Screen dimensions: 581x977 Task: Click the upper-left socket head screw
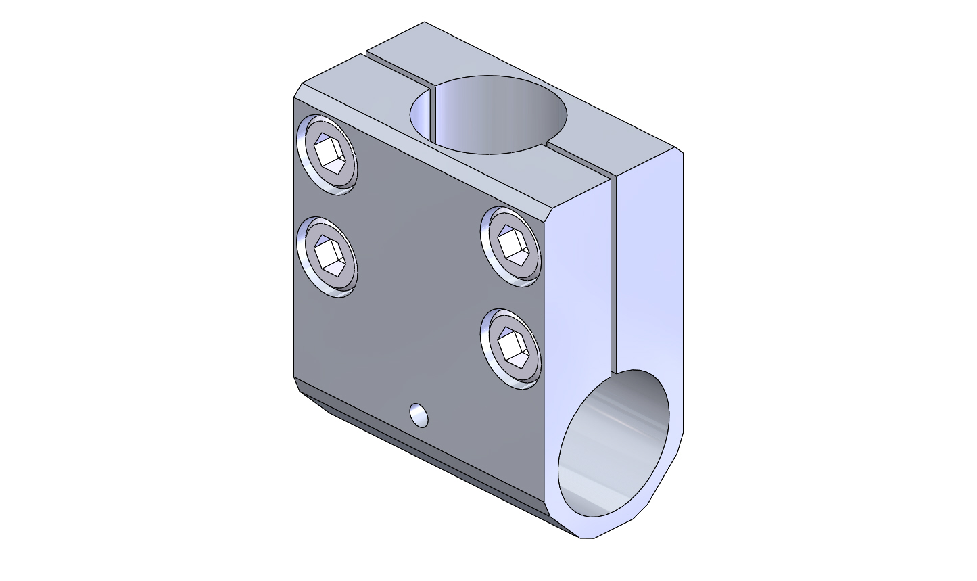327,155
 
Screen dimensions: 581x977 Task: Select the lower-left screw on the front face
327,257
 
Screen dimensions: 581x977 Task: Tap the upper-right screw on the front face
512,247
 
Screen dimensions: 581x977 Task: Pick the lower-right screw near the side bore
511,348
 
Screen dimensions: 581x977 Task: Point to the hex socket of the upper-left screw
331,154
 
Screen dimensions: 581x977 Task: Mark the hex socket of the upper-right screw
513,245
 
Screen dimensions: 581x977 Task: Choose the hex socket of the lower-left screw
330,256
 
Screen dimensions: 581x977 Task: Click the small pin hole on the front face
419,415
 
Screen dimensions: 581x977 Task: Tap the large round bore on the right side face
614,443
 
